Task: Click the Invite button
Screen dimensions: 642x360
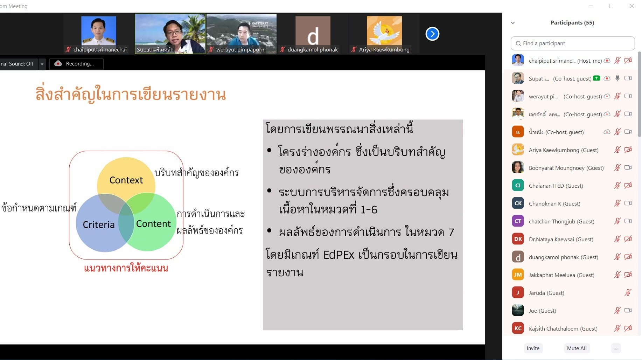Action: [533, 348]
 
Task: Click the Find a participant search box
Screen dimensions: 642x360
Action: [573, 43]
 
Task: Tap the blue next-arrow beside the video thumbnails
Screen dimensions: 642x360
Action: [432, 34]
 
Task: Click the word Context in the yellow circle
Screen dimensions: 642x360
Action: [126, 180]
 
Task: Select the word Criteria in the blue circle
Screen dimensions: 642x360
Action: [99, 224]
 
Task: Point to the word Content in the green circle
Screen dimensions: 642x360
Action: [153, 224]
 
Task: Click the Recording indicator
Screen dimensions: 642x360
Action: [76, 64]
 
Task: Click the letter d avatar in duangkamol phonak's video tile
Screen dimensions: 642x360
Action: [313, 34]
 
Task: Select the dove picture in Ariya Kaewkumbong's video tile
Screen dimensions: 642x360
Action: [384, 32]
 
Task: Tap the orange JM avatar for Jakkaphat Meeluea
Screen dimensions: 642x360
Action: [518, 275]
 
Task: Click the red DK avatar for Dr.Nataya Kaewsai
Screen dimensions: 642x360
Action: [518, 239]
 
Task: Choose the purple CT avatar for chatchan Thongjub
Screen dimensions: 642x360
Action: [518, 221]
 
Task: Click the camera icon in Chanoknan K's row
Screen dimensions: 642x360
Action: [628, 203]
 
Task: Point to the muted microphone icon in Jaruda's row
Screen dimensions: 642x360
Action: [628, 292]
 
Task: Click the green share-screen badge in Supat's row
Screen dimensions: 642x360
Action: [596, 78]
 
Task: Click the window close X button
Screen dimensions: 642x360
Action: [632, 6]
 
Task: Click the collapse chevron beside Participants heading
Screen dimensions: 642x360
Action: [513, 23]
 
